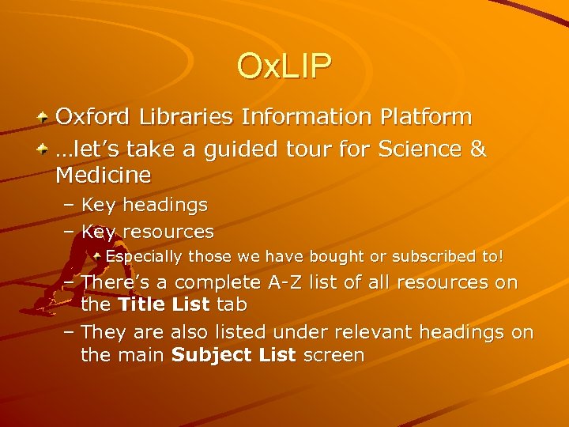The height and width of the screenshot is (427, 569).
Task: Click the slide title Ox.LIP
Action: coord(284,66)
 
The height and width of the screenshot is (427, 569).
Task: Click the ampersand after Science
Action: coord(477,149)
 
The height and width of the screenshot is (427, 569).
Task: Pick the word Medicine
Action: coord(103,173)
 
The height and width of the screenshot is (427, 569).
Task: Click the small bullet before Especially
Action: coord(98,257)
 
